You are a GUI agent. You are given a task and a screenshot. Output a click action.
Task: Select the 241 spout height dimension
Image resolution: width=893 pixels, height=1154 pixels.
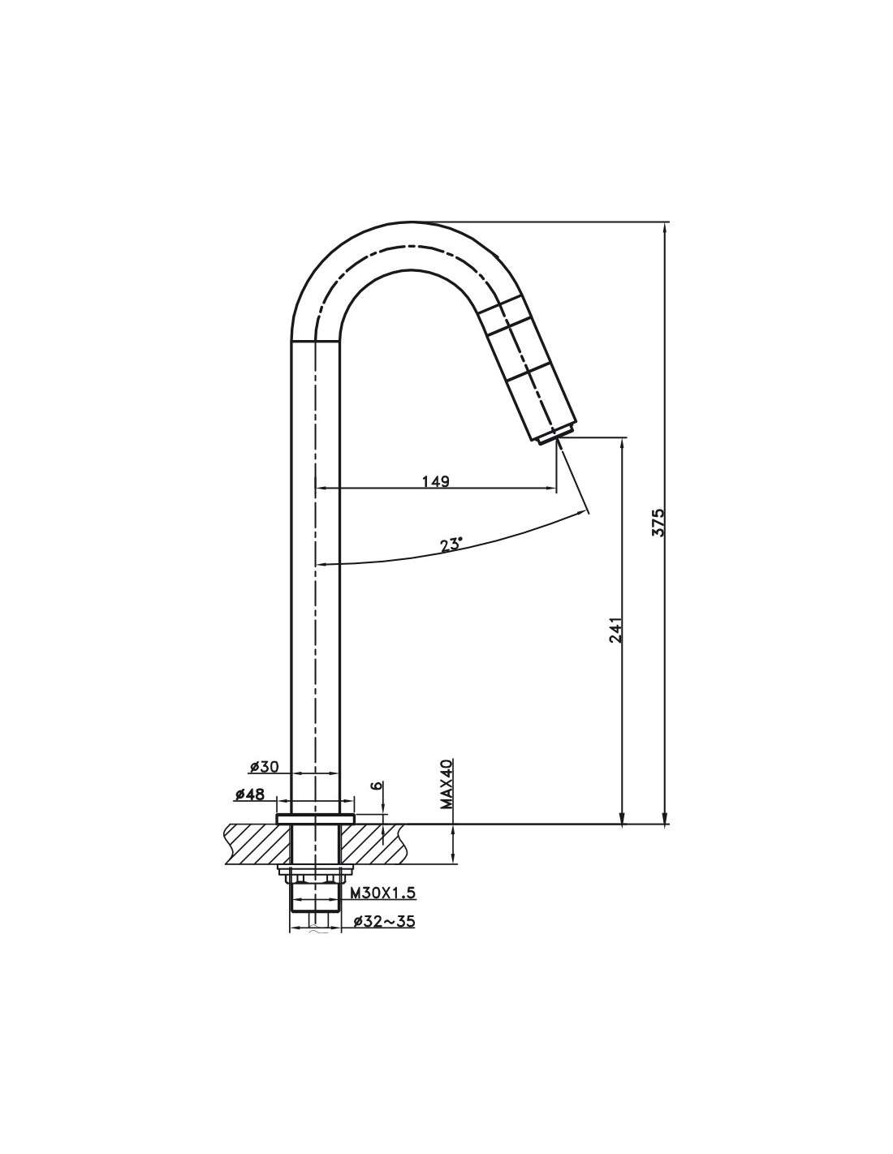615,631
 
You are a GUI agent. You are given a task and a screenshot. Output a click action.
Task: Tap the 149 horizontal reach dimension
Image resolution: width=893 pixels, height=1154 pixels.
436,482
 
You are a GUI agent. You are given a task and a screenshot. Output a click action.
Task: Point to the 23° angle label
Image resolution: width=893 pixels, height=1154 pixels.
451,545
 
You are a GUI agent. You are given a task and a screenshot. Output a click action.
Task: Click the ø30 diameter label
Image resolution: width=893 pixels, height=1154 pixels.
265,766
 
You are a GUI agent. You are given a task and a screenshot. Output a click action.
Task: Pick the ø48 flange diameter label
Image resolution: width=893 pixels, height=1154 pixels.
248,795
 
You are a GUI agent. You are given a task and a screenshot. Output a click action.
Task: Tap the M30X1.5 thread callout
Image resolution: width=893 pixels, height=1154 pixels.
382,893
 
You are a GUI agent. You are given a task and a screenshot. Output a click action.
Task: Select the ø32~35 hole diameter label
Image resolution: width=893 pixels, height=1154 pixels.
383,921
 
